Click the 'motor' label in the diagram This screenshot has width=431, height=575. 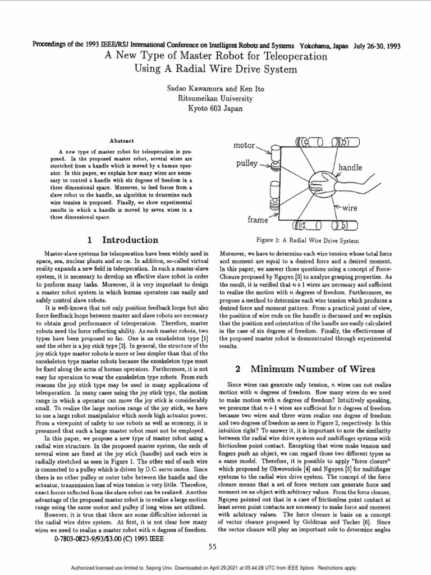244,145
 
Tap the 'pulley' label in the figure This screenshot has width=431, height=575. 246,164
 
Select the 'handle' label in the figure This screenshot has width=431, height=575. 350,167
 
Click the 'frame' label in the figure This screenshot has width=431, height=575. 258,220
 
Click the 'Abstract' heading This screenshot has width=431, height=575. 121,140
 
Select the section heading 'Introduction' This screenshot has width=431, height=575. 130,240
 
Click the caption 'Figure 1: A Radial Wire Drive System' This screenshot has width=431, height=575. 306,240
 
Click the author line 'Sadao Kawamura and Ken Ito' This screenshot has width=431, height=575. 215,89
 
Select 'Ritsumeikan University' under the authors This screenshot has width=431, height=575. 215,98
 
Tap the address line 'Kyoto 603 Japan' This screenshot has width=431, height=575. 215,107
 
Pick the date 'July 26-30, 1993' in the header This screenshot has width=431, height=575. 377,46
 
